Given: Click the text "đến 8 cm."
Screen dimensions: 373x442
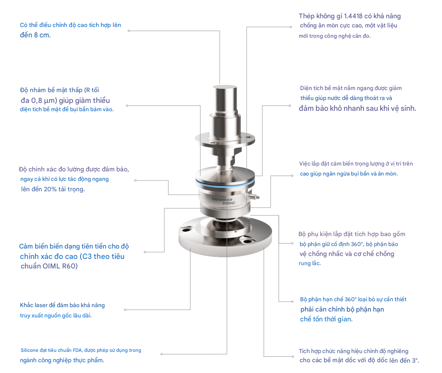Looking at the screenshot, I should [x=35, y=35].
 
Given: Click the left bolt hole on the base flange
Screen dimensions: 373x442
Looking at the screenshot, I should [x=185, y=229].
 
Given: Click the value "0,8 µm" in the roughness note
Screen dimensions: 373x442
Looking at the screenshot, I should [x=44, y=101].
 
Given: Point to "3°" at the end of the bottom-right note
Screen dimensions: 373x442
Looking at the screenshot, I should [x=415, y=361].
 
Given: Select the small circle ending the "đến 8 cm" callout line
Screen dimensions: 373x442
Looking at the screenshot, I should [x=129, y=31].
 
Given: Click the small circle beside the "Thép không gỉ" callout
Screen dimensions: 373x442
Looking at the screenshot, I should [x=291, y=27].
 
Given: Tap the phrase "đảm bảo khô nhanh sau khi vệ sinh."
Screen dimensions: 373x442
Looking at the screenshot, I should [x=357, y=108].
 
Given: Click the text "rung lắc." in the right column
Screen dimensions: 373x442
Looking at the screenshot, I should [x=310, y=263].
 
